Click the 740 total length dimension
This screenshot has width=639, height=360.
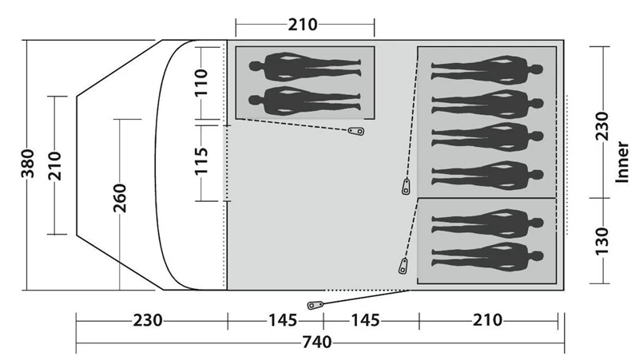coord(316,342)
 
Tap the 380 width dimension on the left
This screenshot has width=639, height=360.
coord(28,164)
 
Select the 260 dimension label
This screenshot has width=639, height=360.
coord(120,198)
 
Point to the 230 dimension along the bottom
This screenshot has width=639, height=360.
coord(148,321)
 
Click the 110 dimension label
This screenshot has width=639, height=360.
coord(201,82)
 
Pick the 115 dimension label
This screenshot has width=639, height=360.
coord(201,161)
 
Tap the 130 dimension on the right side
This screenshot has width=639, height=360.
coord(602,242)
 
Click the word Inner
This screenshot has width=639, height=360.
coord(622,162)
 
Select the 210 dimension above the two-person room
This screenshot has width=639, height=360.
coord(303,25)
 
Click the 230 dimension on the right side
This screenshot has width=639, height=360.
coord(602,126)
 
